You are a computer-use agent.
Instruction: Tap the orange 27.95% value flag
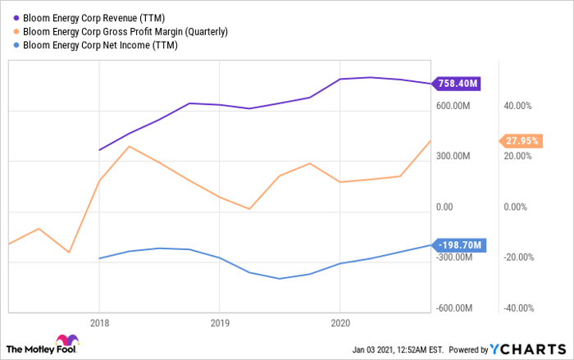[x=521, y=140]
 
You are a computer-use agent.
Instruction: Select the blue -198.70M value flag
[x=459, y=244]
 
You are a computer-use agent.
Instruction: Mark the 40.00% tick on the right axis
[x=517, y=105]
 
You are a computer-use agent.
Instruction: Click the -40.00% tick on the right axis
[x=517, y=308]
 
